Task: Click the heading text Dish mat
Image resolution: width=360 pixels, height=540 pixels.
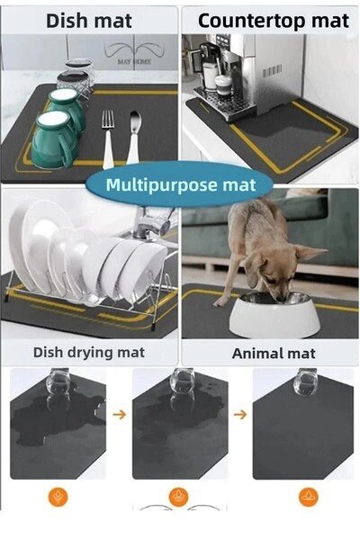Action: (x=89, y=20)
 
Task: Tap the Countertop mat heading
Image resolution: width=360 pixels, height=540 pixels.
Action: (x=273, y=20)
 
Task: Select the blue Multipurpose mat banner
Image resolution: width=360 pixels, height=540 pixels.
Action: (x=181, y=185)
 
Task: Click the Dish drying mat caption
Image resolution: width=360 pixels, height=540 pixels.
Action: (x=88, y=352)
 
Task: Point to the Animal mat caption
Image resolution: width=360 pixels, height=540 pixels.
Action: (x=271, y=353)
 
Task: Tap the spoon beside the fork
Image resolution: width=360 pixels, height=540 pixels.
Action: (x=134, y=135)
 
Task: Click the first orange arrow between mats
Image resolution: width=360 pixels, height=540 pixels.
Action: (x=120, y=415)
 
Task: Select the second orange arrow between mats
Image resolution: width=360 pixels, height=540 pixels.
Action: (x=240, y=415)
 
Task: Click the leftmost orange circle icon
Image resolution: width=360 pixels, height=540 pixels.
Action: (x=58, y=496)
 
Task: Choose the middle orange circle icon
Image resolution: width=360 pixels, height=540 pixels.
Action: (x=179, y=496)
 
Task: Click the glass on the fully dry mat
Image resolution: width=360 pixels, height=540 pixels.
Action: (x=306, y=382)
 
